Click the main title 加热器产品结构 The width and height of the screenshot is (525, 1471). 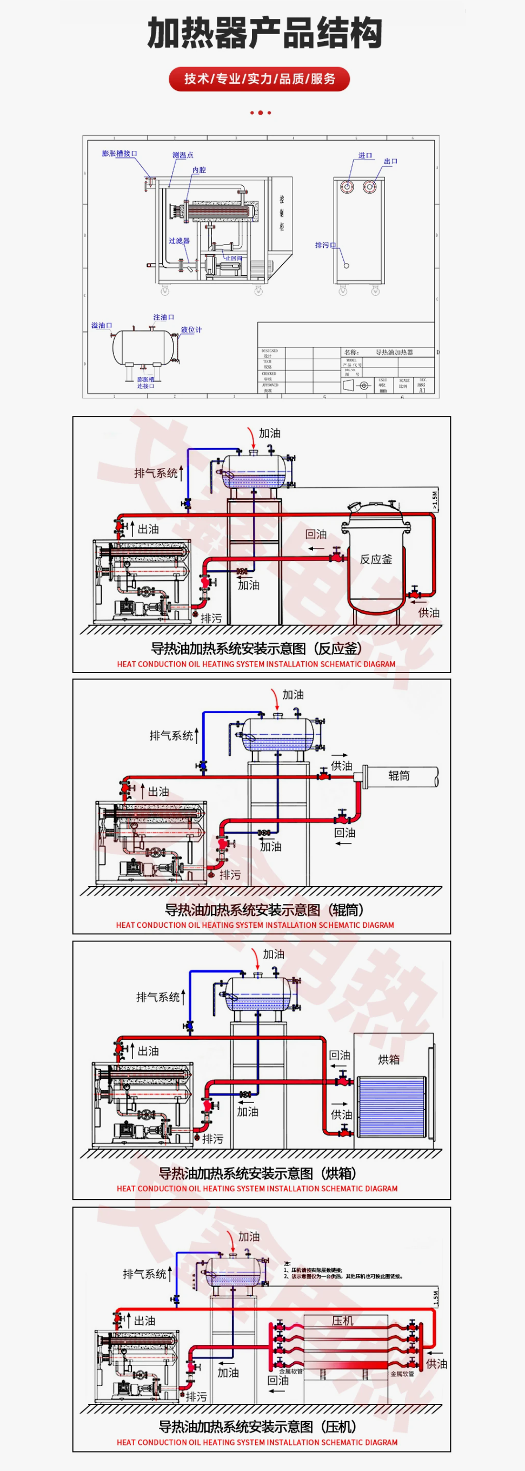pos(264,32)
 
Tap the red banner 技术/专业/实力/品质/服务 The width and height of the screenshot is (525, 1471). pos(260,79)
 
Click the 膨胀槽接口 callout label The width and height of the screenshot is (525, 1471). pos(119,154)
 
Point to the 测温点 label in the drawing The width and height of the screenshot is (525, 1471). pos(183,155)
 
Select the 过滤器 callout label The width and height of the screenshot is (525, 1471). pos(178,240)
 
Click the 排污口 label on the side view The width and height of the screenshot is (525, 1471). pos(325,245)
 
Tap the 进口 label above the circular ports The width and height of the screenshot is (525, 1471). pos(365,155)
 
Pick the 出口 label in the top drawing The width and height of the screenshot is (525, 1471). pos(390,161)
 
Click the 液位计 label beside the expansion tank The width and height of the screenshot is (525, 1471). pos(191,329)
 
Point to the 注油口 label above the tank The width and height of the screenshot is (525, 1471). pos(163,317)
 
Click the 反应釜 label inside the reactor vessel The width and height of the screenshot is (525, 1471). pos(375,559)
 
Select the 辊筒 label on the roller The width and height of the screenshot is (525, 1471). pos(399,775)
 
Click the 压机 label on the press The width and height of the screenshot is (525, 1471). pos(342,1321)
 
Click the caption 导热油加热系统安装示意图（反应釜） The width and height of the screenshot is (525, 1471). pos(256,648)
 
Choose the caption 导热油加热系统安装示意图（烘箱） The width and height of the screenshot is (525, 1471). pos(257,1173)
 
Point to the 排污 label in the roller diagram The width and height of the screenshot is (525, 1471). pos(230,874)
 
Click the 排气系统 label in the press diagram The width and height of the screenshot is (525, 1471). pos(144,1274)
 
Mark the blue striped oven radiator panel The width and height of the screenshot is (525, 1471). pos(391,1107)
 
